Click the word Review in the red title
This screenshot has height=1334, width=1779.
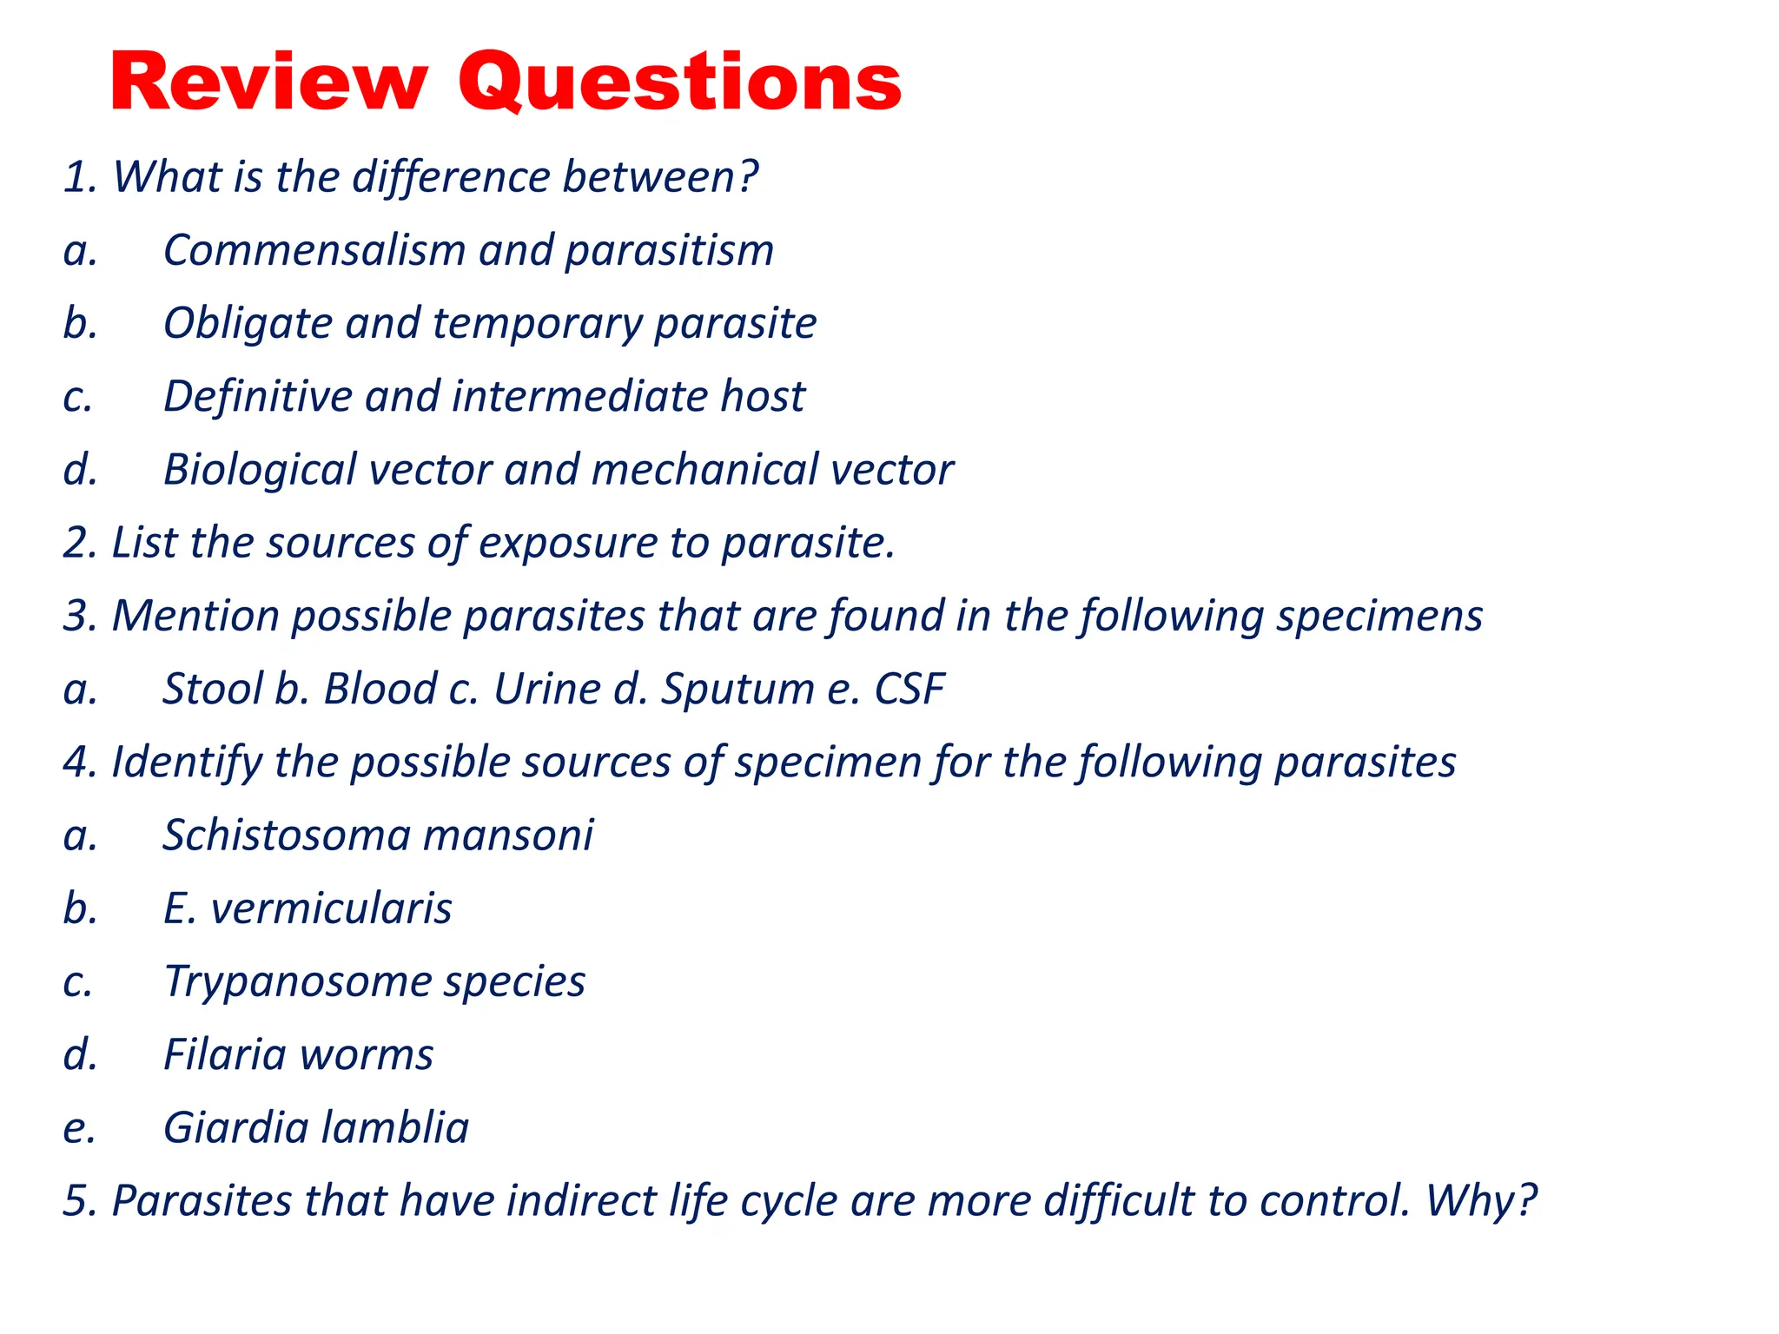pos(268,83)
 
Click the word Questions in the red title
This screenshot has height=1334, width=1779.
pos(679,83)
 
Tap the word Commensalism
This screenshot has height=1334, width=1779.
pos(314,251)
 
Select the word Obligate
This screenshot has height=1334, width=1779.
pos(248,324)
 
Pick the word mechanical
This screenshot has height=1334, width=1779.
pos(704,470)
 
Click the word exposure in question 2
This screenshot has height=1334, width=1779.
pos(568,543)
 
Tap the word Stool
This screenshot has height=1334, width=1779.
pos(213,690)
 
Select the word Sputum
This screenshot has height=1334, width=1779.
pos(737,690)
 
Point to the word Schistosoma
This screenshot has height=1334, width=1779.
pos(287,835)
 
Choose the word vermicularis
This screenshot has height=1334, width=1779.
pos(331,909)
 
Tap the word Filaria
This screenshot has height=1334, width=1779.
pos(225,1055)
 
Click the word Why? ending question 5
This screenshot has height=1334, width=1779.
pos(1480,1201)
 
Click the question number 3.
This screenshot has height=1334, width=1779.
pos(78,617)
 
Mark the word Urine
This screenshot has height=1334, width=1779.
pos(546,690)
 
